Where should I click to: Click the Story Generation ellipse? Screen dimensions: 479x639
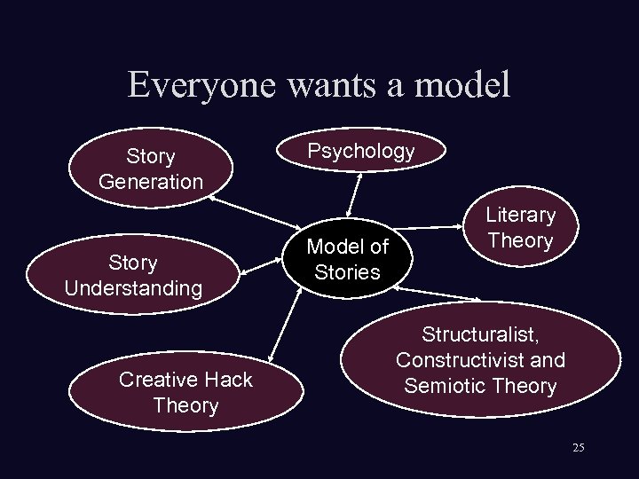[151, 169]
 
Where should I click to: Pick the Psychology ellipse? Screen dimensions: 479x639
[360, 151]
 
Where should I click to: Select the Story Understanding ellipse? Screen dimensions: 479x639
[133, 276]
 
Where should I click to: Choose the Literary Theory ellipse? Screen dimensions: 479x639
[520, 227]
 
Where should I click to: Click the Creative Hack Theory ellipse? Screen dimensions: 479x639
[185, 392]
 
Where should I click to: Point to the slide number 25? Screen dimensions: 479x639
[579, 448]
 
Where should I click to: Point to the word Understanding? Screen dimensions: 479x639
[133, 288]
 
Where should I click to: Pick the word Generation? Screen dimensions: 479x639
[151, 181]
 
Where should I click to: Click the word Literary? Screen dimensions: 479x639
[520, 215]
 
